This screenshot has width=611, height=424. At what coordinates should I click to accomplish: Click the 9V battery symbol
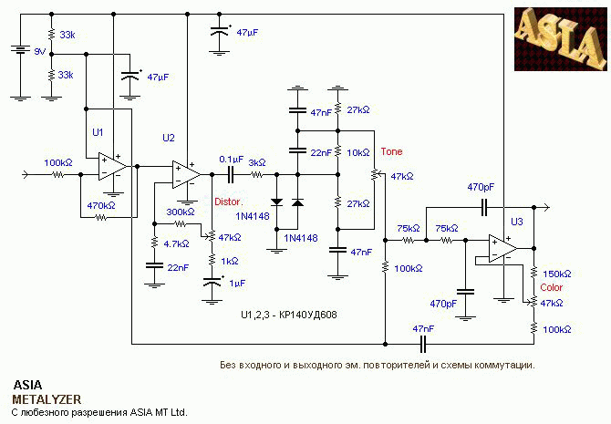tap(20, 49)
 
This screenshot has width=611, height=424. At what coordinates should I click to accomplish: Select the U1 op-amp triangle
tap(112, 166)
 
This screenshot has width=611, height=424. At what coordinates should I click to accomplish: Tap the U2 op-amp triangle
tap(187, 174)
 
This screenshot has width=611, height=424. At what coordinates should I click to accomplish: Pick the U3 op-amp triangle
tap(503, 248)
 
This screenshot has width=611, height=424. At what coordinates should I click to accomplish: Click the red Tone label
tap(391, 151)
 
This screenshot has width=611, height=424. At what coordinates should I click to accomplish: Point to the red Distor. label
tap(229, 202)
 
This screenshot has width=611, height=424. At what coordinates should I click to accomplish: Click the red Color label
tap(552, 287)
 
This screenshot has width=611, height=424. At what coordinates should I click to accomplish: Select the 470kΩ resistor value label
tap(101, 205)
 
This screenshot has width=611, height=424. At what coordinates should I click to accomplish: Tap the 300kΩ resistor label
tap(181, 212)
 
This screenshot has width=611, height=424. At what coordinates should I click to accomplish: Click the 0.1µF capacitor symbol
tap(231, 174)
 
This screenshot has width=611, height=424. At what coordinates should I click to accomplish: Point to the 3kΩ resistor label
tap(257, 162)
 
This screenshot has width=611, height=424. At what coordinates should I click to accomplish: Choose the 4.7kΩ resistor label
tap(176, 244)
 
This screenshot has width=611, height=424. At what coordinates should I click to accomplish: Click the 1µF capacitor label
tap(237, 284)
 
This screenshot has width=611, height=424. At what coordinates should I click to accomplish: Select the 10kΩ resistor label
tap(358, 153)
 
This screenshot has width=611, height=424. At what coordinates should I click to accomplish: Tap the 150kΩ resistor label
tap(557, 274)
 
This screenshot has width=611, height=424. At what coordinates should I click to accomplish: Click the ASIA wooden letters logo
tap(561, 38)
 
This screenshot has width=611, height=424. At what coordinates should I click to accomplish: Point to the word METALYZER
tap(47, 399)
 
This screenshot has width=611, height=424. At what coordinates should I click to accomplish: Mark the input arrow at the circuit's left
tap(26, 174)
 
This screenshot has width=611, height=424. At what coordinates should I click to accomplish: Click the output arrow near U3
tap(546, 207)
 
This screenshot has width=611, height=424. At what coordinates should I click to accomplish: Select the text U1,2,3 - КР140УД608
tap(289, 315)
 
